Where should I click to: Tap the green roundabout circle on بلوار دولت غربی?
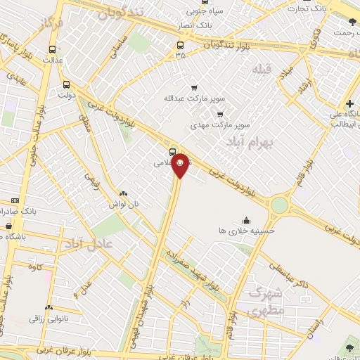click(x=280, y=205)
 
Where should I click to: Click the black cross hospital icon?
click(x=350, y=103)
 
